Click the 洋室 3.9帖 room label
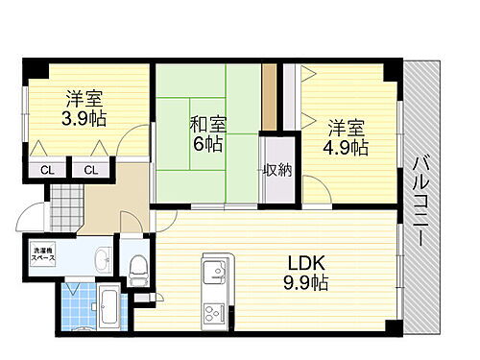85,108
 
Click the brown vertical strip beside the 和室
271,96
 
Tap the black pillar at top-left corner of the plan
33,69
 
